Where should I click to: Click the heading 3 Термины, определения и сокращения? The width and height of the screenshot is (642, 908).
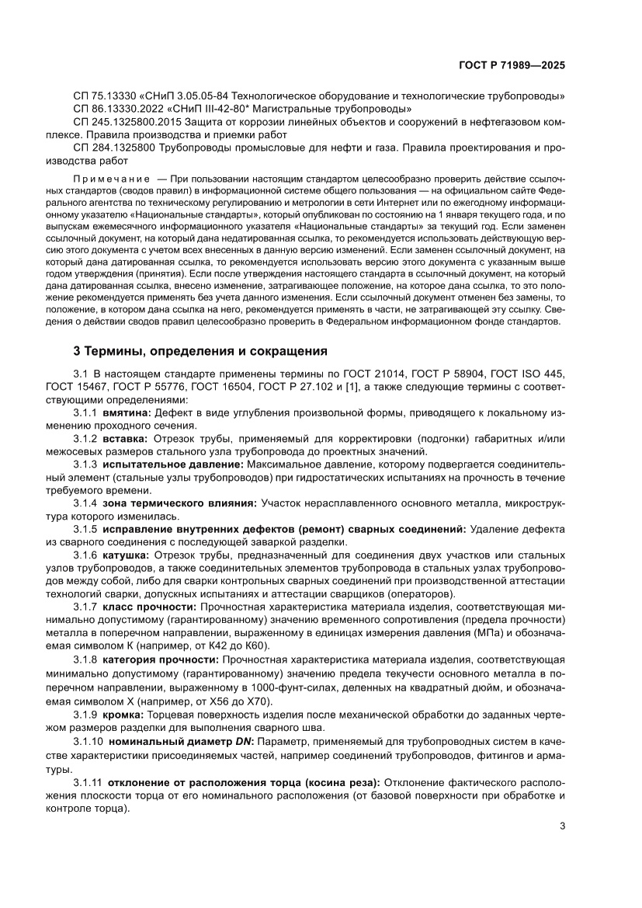click(x=195, y=350)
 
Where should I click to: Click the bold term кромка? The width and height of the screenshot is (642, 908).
click(x=122, y=714)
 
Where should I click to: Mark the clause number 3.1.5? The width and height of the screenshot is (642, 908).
click(x=85, y=529)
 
